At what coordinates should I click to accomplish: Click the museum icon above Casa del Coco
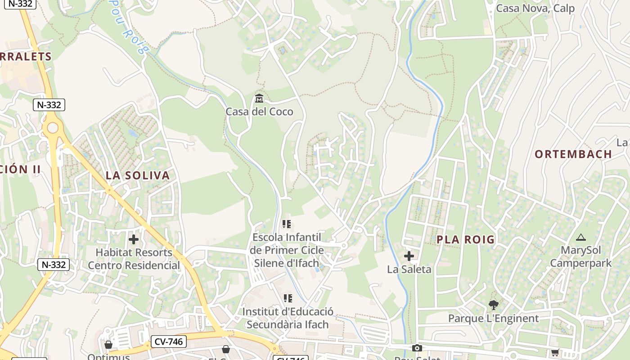pos(259,98)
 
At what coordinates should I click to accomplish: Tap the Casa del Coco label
pos(259,112)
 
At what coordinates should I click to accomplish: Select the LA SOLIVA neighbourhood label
pos(138,175)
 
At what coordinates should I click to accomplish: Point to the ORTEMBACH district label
pos(573,154)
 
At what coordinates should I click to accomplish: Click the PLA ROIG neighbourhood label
pos(466,239)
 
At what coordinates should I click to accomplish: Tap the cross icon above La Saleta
pos(409,256)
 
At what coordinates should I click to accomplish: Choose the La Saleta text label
pos(409,270)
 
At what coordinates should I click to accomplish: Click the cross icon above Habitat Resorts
pos(134,239)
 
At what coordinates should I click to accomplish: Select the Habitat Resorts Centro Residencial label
pos(134,259)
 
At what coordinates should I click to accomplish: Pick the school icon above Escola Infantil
pos(287,224)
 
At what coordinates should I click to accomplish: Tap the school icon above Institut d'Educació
pos(288,298)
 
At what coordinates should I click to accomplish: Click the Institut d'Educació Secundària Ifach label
pos(288,318)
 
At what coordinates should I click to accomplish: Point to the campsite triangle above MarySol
pos(580,237)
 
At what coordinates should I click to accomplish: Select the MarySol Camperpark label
pos(580,256)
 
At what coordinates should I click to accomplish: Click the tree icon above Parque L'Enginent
pos(493,305)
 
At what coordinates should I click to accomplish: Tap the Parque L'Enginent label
pos(493,319)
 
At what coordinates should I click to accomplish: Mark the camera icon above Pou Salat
pos(417,348)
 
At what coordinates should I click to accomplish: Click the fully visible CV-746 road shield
pos(168,342)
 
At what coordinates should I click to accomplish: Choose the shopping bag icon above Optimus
pos(108,345)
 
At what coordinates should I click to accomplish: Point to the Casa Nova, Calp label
pos(535,9)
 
